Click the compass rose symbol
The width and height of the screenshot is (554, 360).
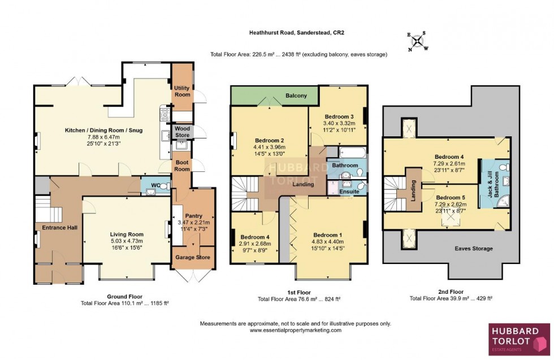[x=418, y=41]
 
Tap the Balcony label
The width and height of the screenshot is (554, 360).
[x=296, y=96]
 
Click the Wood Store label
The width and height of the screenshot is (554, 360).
[x=183, y=132]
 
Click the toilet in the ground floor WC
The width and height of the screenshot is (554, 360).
[x=163, y=186]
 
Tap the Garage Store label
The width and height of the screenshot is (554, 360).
[x=194, y=258]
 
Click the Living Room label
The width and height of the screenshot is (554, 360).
[x=127, y=234]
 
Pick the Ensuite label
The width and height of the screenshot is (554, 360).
[x=349, y=192]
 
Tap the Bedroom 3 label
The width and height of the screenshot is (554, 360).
[x=338, y=116]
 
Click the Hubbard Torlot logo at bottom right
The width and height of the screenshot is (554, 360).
[x=518, y=339]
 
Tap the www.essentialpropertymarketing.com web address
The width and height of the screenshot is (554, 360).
[x=295, y=330]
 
